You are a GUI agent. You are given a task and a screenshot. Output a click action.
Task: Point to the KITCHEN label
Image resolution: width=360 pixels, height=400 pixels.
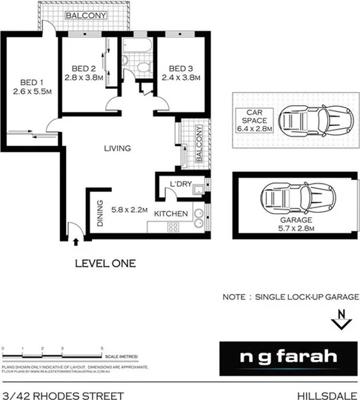coord(171,214)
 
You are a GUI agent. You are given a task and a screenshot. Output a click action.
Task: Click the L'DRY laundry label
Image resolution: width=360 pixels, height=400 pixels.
coord(181,184)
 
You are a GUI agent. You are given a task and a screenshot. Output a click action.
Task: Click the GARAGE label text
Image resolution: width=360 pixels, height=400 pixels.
coord(296,220)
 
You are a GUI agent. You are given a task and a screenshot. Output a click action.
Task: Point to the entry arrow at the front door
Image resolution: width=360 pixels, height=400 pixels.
coord(77,239)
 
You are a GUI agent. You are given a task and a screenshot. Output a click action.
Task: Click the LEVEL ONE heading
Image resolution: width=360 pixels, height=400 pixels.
coord(106,262)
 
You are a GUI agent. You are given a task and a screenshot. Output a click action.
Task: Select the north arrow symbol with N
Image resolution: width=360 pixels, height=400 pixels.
coord(340,320)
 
